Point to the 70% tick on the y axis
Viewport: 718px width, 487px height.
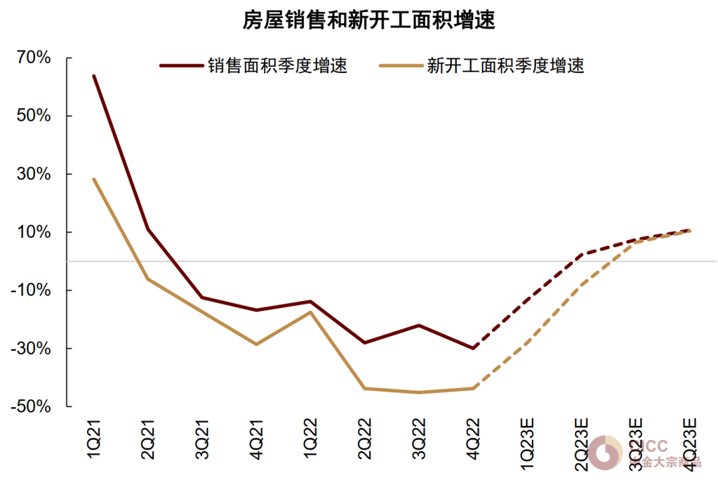(34, 58)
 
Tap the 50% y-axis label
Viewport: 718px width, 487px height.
(34, 116)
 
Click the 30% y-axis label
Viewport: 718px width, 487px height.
(34, 174)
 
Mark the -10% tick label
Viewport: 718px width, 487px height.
(31, 290)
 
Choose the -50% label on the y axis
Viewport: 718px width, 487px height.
(31, 407)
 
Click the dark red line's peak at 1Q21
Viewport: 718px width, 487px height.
(94, 76)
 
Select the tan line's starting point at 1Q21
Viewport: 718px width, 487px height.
(94, 179)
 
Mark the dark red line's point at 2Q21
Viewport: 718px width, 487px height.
(148, 229)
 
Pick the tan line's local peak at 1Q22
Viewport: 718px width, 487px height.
(310, 312)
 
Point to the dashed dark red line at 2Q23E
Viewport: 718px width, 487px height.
(582, 254)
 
